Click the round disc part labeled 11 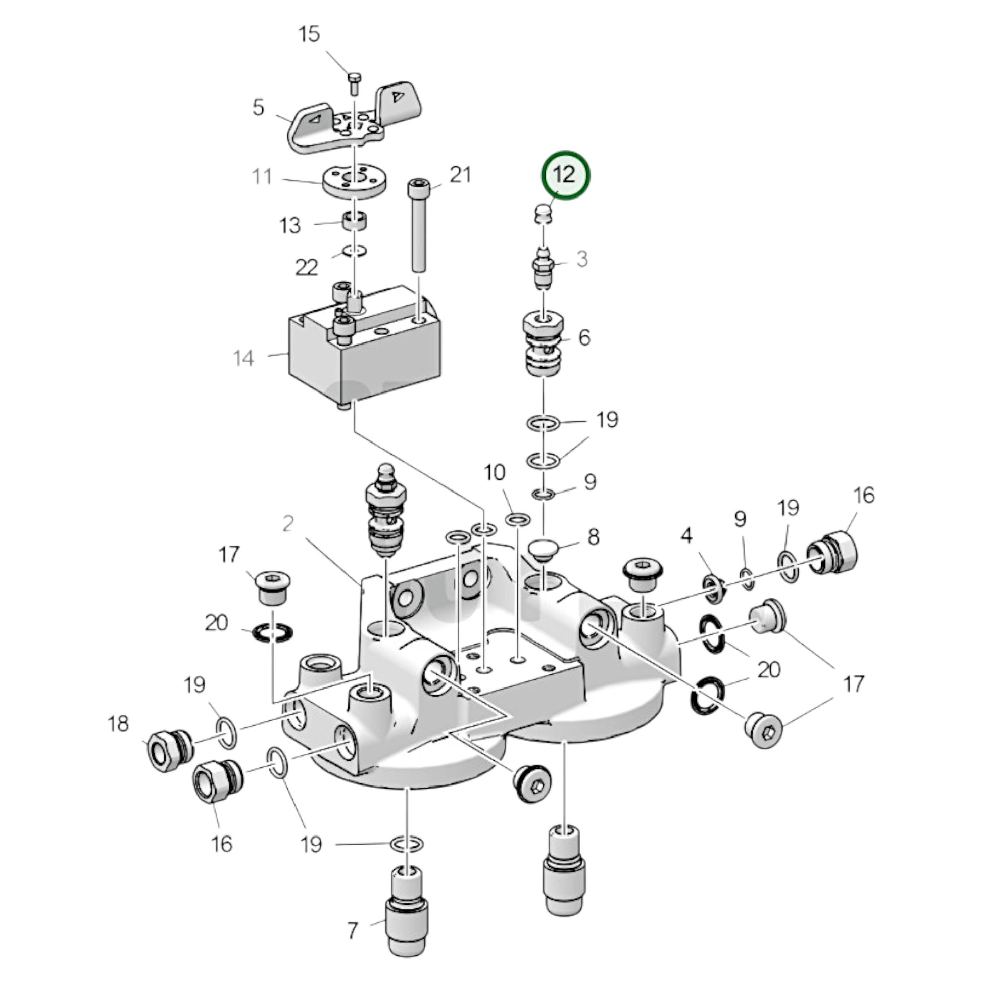click(x=355, y=182)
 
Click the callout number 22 click(x=306, y=267)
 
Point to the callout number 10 click(x=494, y=473)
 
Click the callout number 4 click(x=687, y=535)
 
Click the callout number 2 click(x=288, y=523)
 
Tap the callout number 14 click(x=243, y=358)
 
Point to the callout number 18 click(x=118, y=723)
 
